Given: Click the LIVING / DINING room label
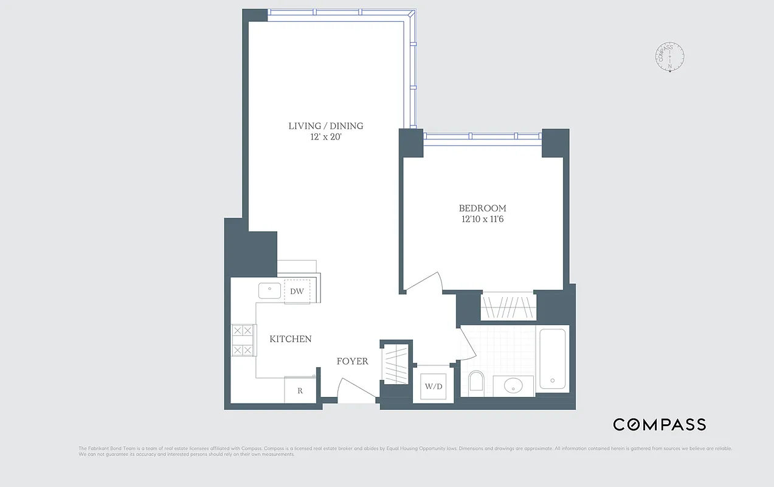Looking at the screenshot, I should coord(325,126).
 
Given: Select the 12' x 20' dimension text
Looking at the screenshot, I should coord(325,138).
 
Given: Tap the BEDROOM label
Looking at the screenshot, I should coord(482,208).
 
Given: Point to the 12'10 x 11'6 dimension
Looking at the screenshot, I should coord(482,219).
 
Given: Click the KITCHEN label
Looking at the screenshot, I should coord(291,339).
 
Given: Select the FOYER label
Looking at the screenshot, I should coord(353,362).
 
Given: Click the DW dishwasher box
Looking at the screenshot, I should coord(297,292).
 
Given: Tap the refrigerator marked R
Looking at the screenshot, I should coord(300,391).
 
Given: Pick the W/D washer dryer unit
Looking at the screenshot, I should coord(433,386).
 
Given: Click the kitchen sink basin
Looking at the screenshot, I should coord(269,290).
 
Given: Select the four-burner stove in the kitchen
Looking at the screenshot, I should coord(243,340).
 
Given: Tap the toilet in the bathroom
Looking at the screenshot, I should coord(475,382).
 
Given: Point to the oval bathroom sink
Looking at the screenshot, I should coord(514,385).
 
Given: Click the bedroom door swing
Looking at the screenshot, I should coord(426,281).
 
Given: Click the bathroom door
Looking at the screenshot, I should coord(467,344).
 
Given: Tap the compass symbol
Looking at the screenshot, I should coord(670,57).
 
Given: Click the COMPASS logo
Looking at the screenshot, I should coord(659,424).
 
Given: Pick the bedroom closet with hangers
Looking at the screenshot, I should coord(509,307).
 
